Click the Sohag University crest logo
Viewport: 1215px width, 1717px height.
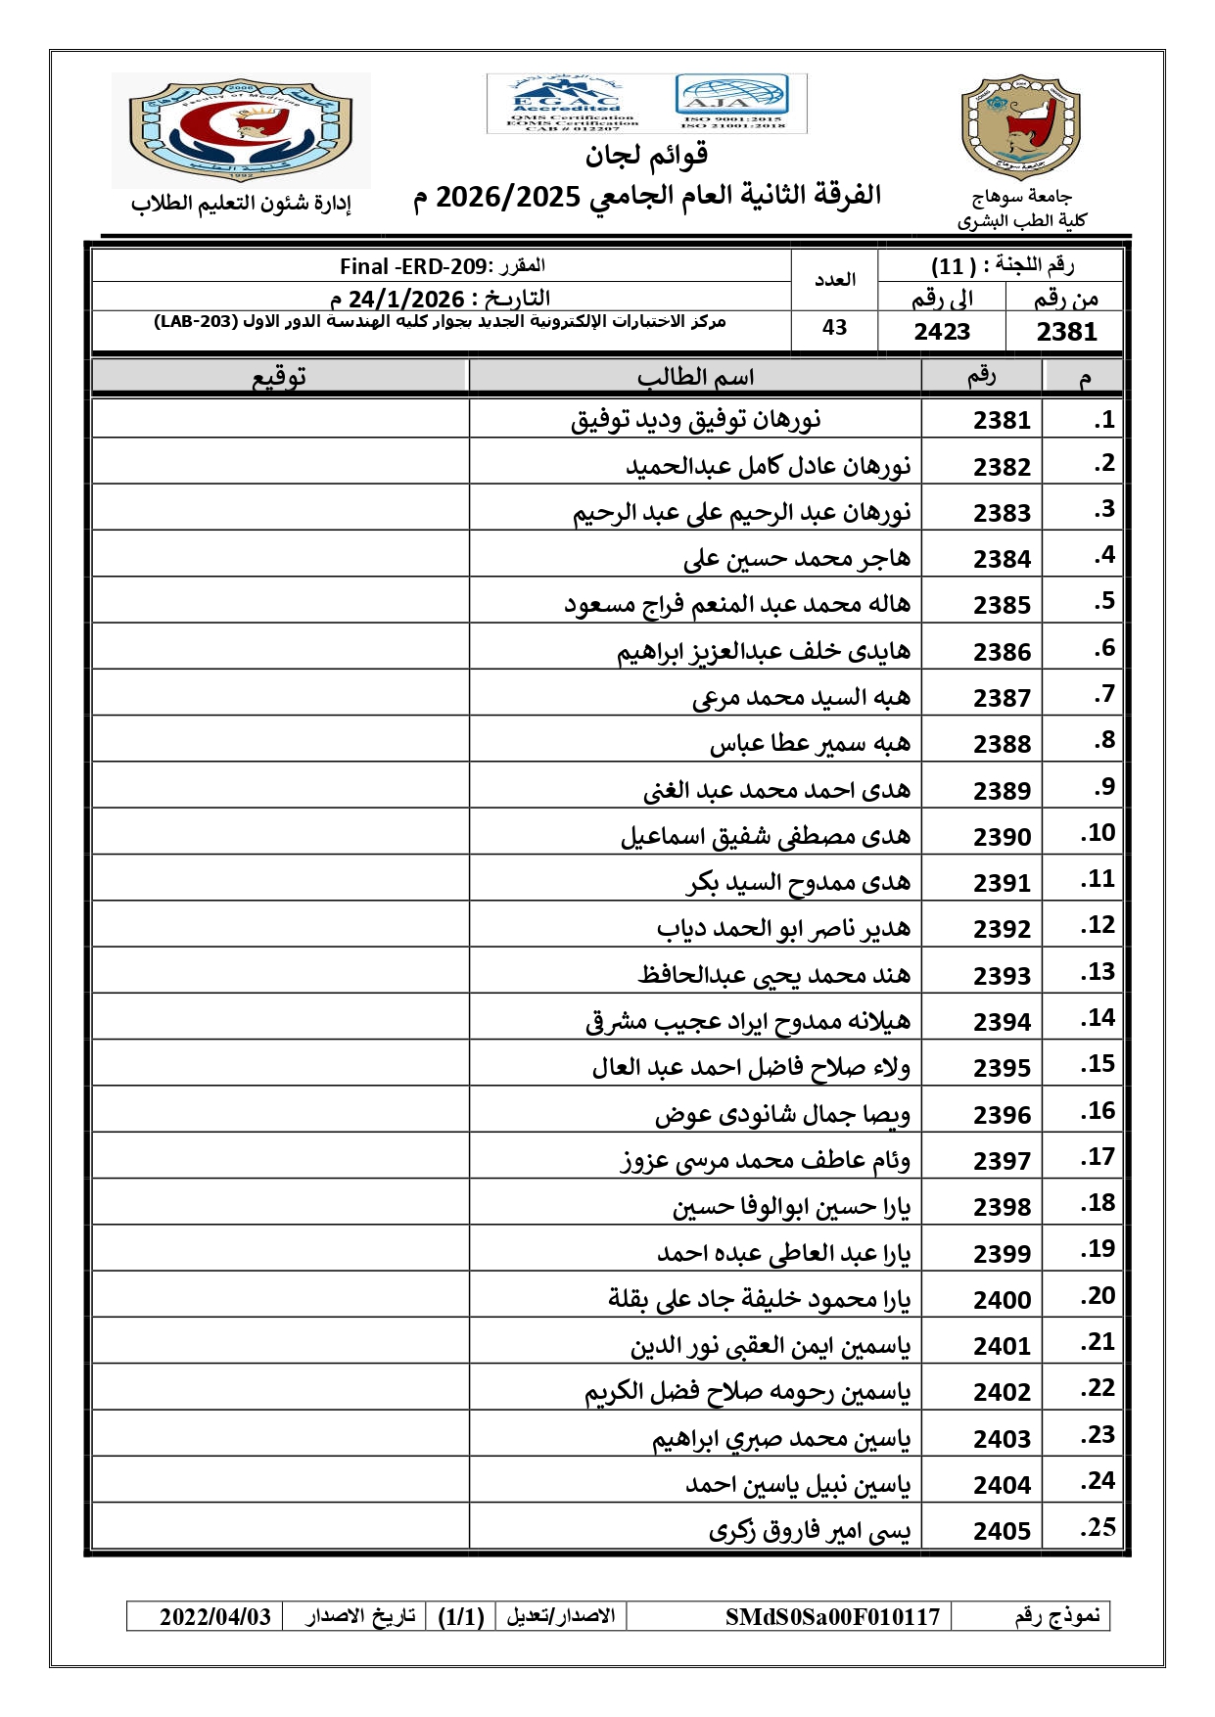(x=1020, y=128)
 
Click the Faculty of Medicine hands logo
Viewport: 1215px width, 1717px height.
(x=242, y=129)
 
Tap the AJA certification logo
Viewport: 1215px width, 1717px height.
(x=731, y=101)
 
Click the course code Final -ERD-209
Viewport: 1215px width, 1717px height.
(x=413, y=266)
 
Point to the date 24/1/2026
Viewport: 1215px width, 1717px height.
(x=405, y=299)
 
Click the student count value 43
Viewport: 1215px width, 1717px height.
(x=834, y=328)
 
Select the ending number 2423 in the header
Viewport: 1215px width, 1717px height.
(x=942, y=332)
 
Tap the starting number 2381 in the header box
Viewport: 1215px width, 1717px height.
(x=1066, y=332)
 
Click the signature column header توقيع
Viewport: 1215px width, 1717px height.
(x=280, y=377)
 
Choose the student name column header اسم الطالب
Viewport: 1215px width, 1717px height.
(x=695, y=377)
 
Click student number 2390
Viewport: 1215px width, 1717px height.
(x=1002, y=837)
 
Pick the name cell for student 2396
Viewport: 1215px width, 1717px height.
(x=782, y=1114)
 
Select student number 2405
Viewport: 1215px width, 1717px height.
(x=1002, y=1531)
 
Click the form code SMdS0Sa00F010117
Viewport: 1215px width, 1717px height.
(x=832, y=1616)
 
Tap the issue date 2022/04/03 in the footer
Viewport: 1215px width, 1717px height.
(x=215, y=1616)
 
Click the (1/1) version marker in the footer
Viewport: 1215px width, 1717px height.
(x=461, y=1616)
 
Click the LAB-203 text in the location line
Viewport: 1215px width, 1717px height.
(x=195, y=322)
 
